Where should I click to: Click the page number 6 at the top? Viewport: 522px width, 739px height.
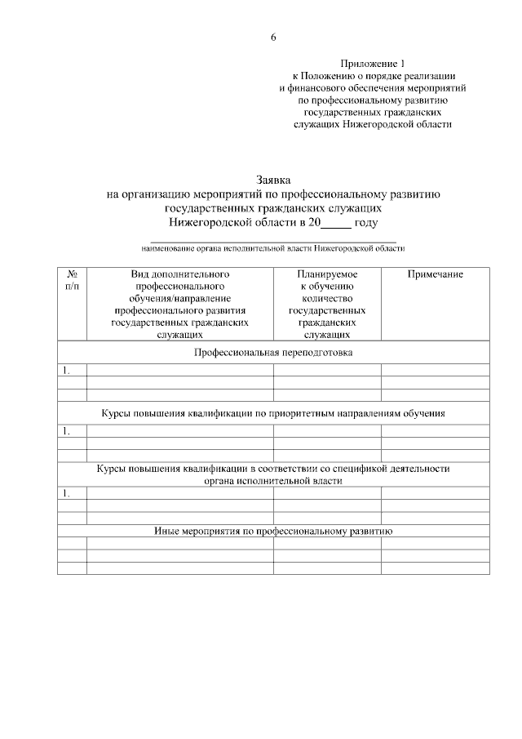point(273,38)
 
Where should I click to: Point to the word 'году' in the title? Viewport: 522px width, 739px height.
point(366,221)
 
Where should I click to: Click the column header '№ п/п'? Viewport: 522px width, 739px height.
point(72,281)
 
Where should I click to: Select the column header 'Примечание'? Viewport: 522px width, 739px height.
point(435,275)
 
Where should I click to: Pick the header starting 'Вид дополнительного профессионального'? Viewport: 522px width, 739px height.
point(179,305)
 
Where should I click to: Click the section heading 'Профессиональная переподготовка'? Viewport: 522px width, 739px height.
point(273,352)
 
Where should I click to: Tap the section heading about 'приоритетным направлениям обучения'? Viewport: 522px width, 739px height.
point(273,413)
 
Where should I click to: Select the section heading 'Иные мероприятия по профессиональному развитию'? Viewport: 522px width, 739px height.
point(273,531)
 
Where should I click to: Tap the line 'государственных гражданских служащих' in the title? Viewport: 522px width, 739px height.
point(273,207)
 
